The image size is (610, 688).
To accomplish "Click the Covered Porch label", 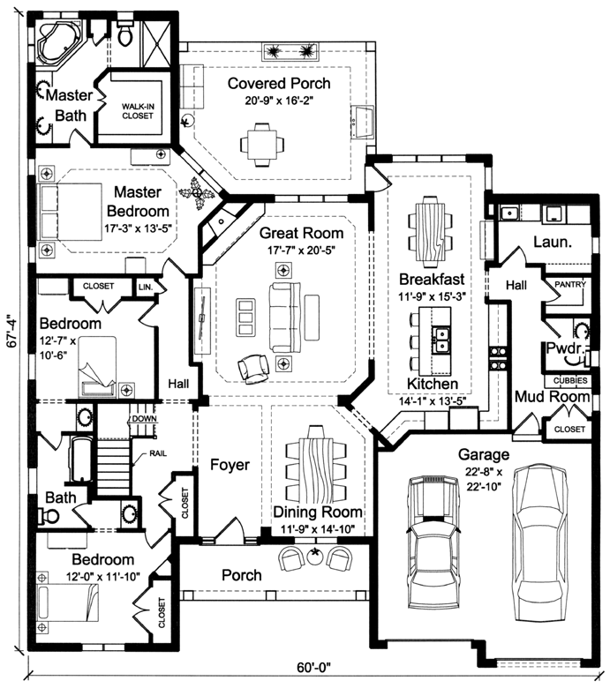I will tap(279, 84).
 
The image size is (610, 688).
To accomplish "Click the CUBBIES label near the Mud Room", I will tap(569, 380).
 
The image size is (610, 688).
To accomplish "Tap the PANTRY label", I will tap(567, 286).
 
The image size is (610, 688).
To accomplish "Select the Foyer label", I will tap(230, 465).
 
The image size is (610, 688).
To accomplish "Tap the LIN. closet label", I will tap(146, 287).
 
